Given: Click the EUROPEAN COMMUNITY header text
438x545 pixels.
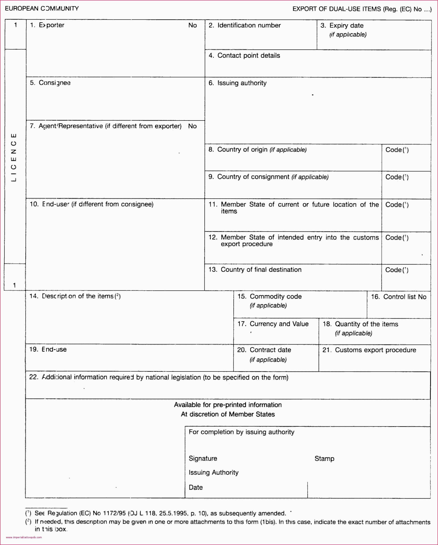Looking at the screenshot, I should pos(42,9).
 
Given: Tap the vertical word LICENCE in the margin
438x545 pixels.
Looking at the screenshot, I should pos(14,157).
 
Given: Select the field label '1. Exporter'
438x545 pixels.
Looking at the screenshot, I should pos(47,25).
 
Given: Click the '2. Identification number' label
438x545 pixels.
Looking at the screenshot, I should pos(244,25).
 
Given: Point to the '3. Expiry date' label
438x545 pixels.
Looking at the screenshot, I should pos(342,26).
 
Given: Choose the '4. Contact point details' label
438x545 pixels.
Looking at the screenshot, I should pos(244,56).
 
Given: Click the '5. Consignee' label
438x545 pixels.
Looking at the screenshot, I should pos(50,83).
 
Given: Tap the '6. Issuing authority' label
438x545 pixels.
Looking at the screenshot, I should pos(237,83).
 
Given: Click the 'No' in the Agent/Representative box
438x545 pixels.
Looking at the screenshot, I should pos(192,126).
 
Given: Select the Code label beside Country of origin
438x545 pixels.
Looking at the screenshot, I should pos(397,150).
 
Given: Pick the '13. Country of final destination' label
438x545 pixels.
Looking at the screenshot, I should pos(255,270).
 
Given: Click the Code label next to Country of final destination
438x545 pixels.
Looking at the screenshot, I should pos(397,270).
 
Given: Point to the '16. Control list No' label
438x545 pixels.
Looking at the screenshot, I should pos(399,297).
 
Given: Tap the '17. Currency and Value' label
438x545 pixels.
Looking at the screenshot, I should pos(273,324).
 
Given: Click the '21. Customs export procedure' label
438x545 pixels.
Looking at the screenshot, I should pos(369,350).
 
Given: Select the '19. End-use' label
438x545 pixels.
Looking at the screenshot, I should pos(48,349).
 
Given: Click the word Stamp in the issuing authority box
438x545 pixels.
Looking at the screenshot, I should pos(324,459).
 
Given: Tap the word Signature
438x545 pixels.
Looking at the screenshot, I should pos(203,459).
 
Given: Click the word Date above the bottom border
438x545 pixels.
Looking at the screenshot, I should pos(196,487).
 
